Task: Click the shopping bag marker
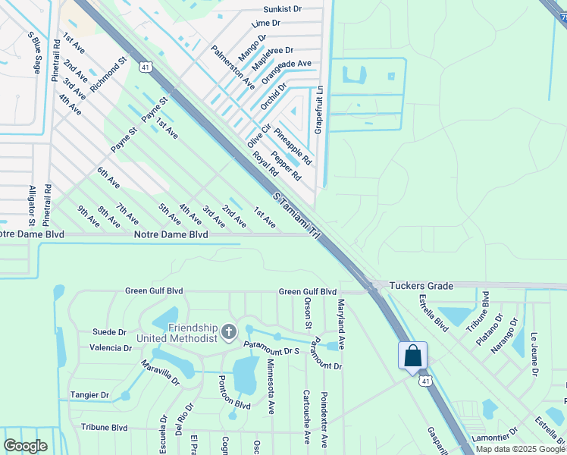[412, 356]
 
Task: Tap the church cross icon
[229, 331]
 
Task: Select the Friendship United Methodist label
[178, 333]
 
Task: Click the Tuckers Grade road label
[421, 286]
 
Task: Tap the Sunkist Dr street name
[282, 10]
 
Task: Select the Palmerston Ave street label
[233, 67]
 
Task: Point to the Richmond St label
[107, 74]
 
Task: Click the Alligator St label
[32, 206]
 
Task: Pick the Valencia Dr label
[111, 348]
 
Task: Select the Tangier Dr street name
[89, 395]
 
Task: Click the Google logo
[25, 447]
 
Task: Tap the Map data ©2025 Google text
[519, 449]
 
